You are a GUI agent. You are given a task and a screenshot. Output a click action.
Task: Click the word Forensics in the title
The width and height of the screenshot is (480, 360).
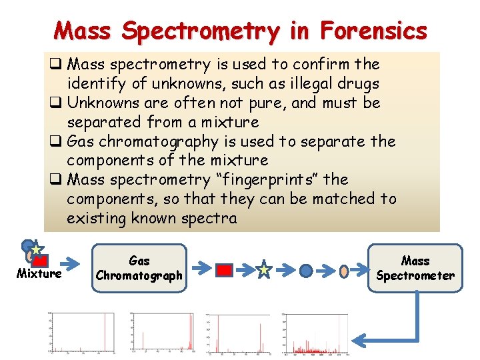(373, 30)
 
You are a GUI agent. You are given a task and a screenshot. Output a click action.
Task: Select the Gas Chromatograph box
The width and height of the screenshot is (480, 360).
(139, 268)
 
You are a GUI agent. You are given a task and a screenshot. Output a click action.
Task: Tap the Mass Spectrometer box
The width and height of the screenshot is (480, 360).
(415, 268)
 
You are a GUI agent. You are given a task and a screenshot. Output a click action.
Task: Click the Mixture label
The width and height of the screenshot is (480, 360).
(39, 273)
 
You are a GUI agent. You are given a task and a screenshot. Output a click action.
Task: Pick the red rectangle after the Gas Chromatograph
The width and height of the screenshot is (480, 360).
(225, 270)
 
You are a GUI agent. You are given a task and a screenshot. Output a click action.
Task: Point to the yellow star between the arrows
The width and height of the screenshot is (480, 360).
(264, 270)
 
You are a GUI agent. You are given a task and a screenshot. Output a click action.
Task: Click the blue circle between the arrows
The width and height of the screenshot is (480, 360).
(305, 271)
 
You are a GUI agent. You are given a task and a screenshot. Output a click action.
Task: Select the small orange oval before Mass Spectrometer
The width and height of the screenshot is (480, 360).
(344, 271)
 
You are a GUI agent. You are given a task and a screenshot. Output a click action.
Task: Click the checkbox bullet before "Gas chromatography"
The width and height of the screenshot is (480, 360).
(56, 141)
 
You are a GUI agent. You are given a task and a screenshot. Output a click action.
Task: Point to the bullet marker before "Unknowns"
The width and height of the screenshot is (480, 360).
(56, 103)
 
